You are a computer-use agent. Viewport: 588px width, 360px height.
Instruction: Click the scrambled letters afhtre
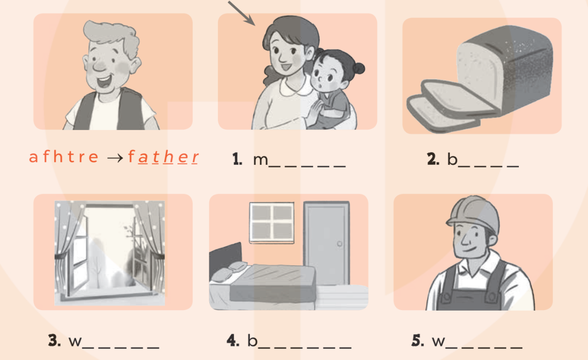point(64,156)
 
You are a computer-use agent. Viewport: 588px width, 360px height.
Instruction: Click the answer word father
point(163,157)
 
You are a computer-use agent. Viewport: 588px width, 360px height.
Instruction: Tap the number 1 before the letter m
point(237,159)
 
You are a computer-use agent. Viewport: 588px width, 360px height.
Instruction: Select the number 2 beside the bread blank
point(433,159)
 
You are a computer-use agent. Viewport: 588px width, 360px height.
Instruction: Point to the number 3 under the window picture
point(54,340)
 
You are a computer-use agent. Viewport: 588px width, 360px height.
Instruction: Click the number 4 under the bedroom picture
point(233,340)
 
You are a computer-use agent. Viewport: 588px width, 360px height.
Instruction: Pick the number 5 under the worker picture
point(418,340)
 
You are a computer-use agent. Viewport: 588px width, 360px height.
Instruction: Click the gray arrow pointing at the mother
point(242,13)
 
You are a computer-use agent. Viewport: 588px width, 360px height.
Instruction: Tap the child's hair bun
point(359,68)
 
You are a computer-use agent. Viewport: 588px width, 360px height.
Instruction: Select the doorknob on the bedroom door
point(339,244)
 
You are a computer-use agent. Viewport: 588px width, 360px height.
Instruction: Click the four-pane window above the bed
point(271,223)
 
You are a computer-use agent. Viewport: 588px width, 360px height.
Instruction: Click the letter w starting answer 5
point(438,342)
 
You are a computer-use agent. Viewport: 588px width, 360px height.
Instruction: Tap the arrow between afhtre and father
point(115,157)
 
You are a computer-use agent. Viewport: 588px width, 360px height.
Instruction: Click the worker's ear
point(493,240)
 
